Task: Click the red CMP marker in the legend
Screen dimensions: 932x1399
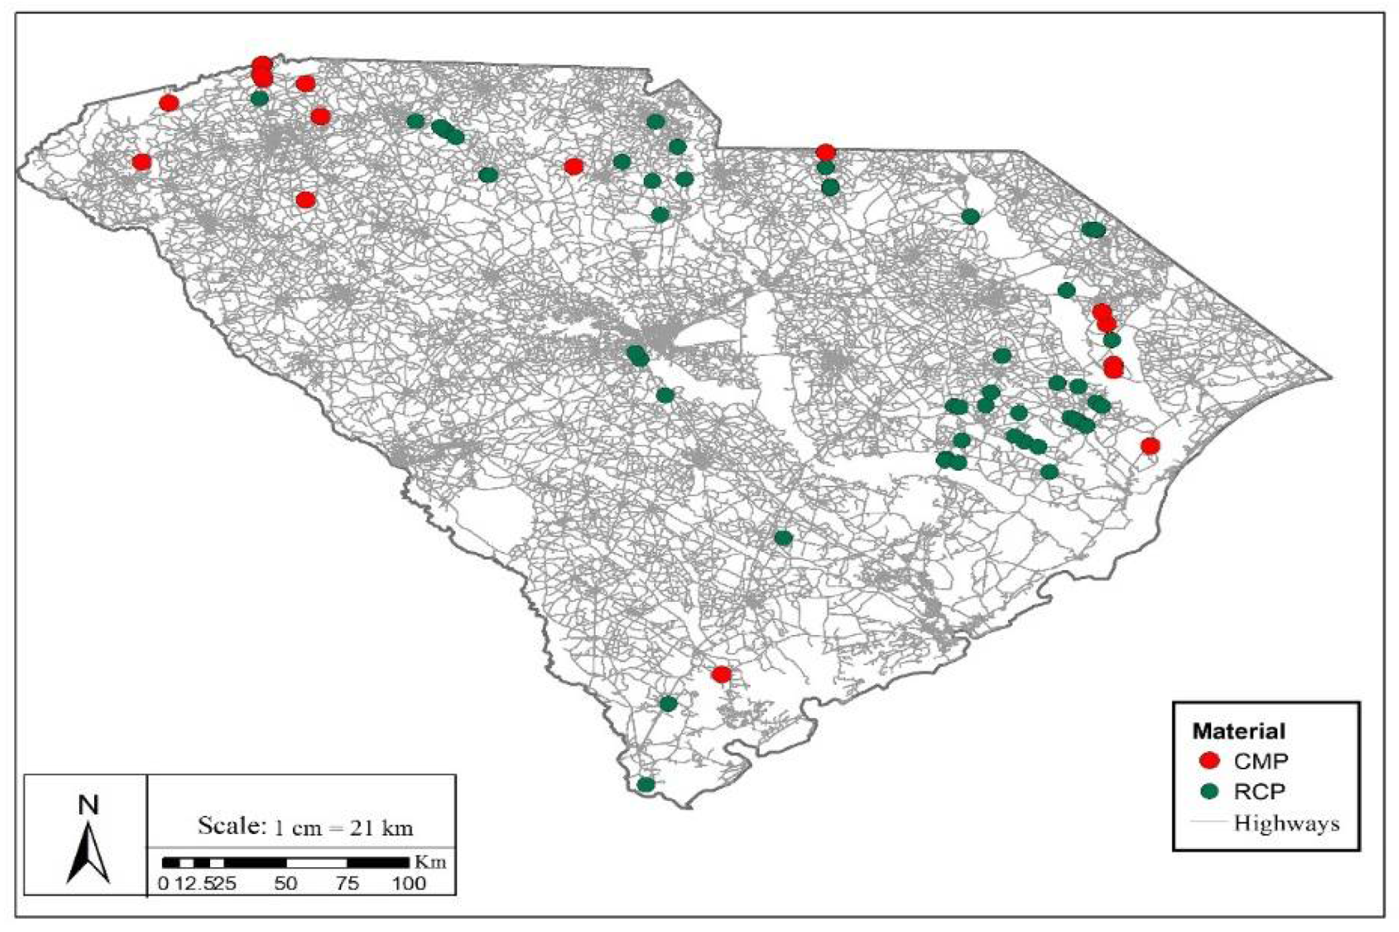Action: pos(1209,761)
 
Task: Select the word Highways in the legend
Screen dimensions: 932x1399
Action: pos(1287,823)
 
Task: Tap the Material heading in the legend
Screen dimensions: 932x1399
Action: pos(1239,731)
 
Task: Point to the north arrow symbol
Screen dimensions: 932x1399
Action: pos(88,853)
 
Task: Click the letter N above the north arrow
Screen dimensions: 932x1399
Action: pos(88,805)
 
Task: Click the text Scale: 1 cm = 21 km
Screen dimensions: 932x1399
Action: pos(305,826)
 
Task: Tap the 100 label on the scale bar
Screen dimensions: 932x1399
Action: pos(408,882)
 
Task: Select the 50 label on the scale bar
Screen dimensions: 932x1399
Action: pos(286,882)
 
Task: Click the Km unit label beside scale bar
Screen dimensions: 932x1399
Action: pos(431,862)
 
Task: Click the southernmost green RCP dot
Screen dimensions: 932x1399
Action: pos(646,784)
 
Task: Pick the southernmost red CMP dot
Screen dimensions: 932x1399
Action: pos(721,675)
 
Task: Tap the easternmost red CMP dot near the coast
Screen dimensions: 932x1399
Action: pos(1150,446)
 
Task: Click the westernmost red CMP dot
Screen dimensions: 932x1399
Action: pos(141,162)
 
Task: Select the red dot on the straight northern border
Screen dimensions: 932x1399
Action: pos(825,152)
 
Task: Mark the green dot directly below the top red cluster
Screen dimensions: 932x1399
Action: pos(259,99)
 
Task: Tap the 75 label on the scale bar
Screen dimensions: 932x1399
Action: pos(348,882)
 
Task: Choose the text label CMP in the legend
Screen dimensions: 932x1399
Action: pos(1261,761)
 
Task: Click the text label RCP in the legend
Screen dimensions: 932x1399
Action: pos(1260,791)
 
